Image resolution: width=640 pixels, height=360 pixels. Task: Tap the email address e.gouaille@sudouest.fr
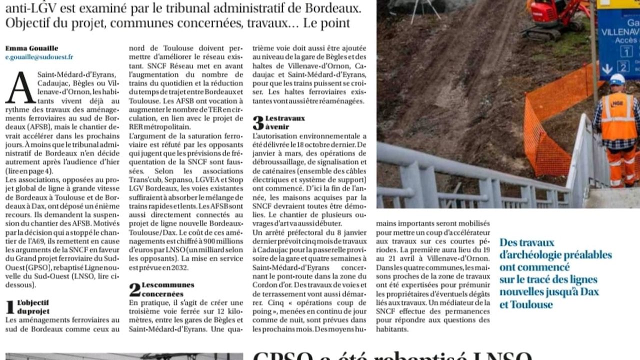click(x=39, y=57)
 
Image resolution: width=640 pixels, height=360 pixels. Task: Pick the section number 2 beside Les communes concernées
click(x=134, y=289)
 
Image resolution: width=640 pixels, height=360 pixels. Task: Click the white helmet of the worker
click(x=617, y=79)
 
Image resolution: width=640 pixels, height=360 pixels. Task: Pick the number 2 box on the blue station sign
click(x=623, y=66)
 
